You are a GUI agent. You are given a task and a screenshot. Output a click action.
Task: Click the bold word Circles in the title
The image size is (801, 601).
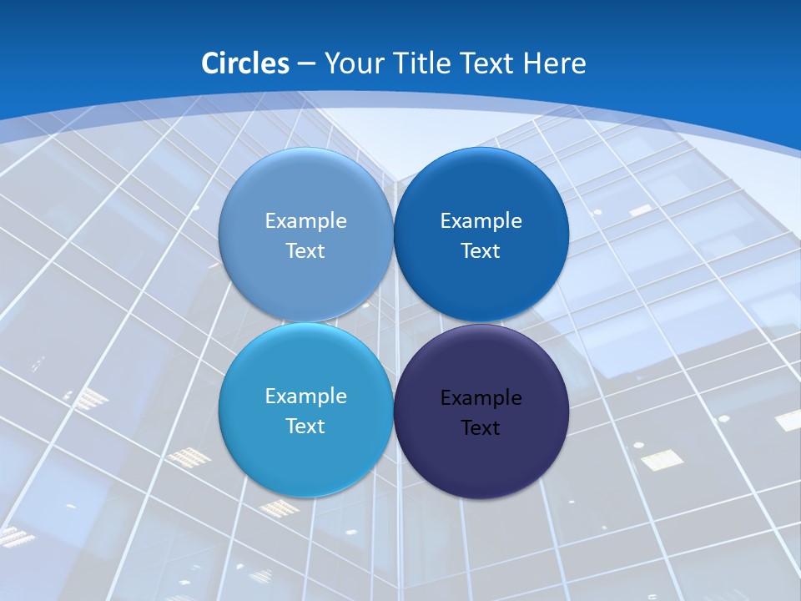click(245, 63)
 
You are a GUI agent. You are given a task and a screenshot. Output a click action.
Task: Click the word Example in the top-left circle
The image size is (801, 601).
click(305, 221)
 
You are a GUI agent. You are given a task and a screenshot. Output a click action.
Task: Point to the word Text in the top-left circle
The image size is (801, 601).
click(305, 251)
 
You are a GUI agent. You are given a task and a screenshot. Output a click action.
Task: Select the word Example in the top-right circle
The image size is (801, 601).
click(481, 221)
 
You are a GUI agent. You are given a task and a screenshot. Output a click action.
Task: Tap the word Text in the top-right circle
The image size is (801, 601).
click(481, 251)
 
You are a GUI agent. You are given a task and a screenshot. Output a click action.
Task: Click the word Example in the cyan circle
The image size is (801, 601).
click(305, 396)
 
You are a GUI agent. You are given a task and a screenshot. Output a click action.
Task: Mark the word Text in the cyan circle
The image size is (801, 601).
click(305, 427)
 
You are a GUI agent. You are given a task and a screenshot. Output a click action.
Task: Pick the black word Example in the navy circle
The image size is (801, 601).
click(481, 398)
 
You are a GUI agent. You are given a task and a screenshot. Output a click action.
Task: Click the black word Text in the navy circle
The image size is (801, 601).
click(481, 428)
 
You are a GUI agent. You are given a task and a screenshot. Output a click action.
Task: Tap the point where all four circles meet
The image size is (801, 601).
click(394, 323)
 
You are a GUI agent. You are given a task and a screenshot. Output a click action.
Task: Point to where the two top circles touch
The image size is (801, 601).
click(394, 235)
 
